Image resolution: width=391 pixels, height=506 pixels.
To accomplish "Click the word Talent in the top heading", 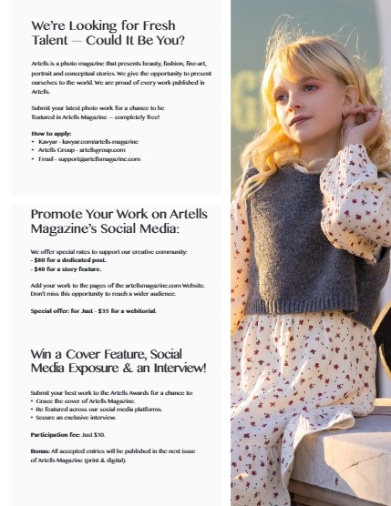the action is (53, 41).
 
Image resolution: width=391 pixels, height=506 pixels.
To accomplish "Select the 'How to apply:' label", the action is (50, 133).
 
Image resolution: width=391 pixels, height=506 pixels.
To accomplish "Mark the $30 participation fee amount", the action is (100, 434).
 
